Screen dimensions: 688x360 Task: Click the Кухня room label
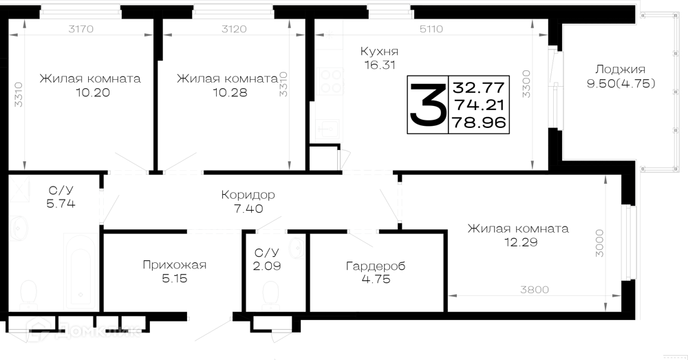click(x=379, y=51)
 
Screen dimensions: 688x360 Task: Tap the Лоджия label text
click(x=621, y=70)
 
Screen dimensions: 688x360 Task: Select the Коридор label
click(x=248, y=195)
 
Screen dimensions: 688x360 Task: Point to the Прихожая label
click(x=174, y=265)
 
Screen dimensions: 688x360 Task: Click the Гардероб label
click(x=376, y=266)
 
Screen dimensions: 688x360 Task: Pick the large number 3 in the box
click(x=426, y=105)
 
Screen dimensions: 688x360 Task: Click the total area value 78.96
click(x=479, y=123)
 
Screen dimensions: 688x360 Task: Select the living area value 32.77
click(x=479, y=87)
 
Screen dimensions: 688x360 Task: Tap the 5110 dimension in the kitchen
click(x=431, y=29)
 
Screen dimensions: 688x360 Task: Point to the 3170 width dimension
click(x=81, y=29)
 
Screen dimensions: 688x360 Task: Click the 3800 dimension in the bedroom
click(x=535, y=290)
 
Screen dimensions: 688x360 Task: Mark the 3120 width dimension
click(x=234, y=29)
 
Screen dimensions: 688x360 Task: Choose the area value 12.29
click(x=521, y=242)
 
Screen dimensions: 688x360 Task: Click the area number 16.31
click(x=380, y=65)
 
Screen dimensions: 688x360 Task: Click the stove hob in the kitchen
click(x=330, y=81)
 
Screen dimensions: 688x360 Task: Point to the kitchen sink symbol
click(x=327, y=128)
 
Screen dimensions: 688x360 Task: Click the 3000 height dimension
click(x=599, y=243)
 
